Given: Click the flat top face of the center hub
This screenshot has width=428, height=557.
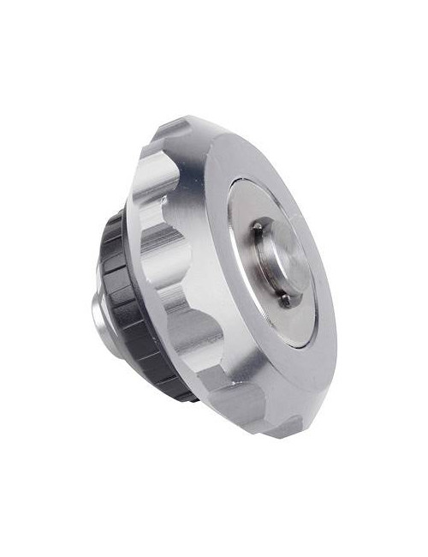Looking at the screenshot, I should [x=286, y=261].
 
